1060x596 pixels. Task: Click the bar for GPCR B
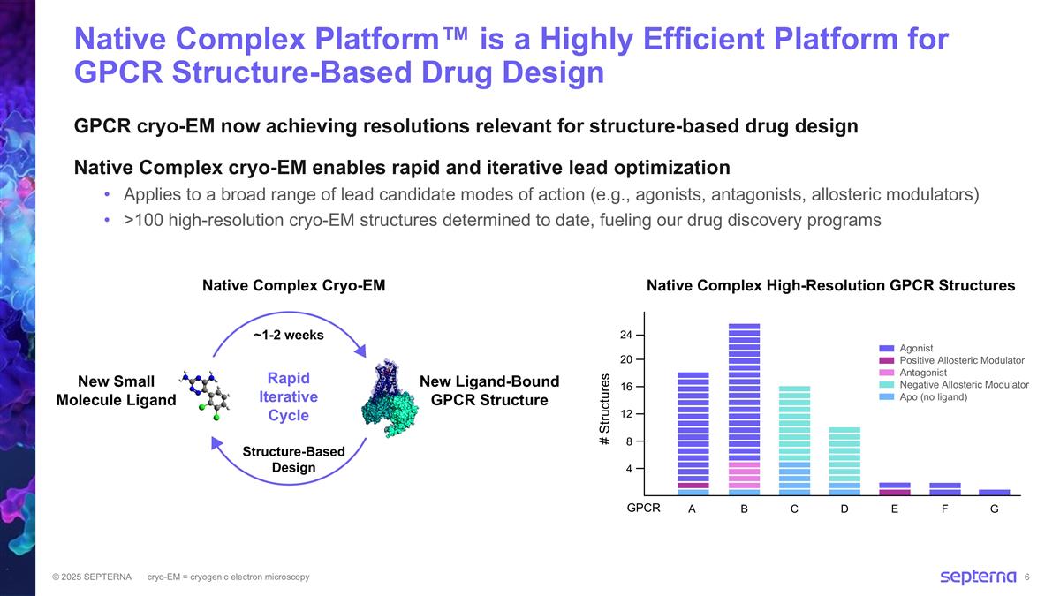pyautogui.click(x=744, y=410)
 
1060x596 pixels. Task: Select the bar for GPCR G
pyautogui.click(x=995, y=493)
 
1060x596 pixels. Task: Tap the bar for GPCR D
pyautogui.click(x=844, y=461)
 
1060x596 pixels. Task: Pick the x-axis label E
pyautogui.click(x=895, y=509)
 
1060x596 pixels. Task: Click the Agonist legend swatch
pyautogui.click(x=887, y=348)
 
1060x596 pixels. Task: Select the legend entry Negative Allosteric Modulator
pyautogui.click(x=964, y=385)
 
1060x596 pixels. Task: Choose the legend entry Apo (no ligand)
pyautogui.click(x=933, y=397)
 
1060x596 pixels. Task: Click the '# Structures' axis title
pyautogui.click(x=606, y=408)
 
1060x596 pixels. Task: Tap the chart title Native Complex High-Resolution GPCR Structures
pyautogui.click(x=830, y=285)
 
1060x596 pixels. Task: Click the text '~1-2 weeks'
pyautogui.click(x=289, y=336)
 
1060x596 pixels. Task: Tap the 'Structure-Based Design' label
pyautogui.click(x=293, y=459)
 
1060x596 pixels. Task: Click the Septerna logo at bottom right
pyautogui.click(x=977, y=577)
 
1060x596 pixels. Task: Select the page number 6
pyautogui.click(x=1027, y=577)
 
